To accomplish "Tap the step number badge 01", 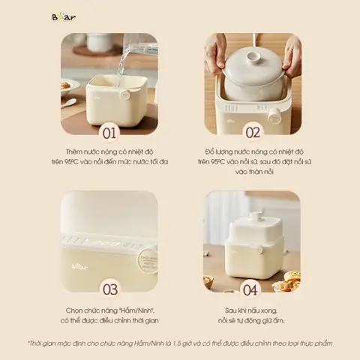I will pyautogui.click(x=109, y=133).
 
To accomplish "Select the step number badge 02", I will pyautogui.click(x=252, y=133).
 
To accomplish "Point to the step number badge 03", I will pyautogui.click(x=109, y=289).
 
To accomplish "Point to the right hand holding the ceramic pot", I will pyautogui.click(x=291, y=56).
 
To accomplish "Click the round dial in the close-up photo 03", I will pyautogui.click(x=147, y=260).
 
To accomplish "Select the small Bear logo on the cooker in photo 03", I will pyautogui.click(x=79, y=264).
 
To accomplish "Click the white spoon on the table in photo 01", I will pyautogui.click(x=69, y=102).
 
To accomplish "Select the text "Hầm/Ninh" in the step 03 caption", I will pyautogui.click(x=139, y=309).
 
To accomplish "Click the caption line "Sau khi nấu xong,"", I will pyautogui.click(x=252, y=309).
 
